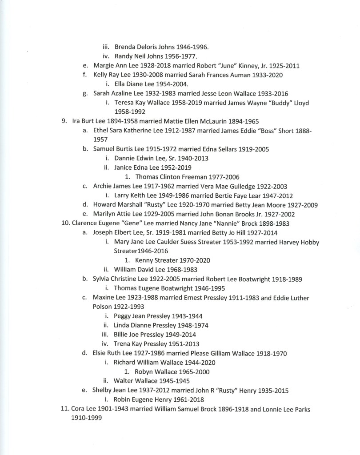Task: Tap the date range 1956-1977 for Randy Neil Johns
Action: [x=181, y=56]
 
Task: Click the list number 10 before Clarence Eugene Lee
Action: [x=65, y=224]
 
